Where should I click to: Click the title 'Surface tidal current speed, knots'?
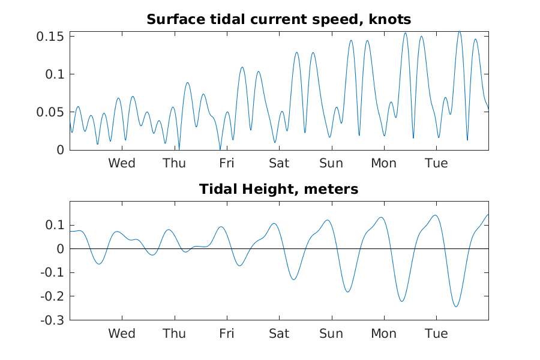click(x=278, y=20)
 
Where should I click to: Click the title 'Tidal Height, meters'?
click(x=278, y=189)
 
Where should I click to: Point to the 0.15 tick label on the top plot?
click(x=50, y=37)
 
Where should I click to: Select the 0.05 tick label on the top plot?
click(x=50, y=112)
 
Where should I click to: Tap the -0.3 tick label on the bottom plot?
click(x=52, y=320)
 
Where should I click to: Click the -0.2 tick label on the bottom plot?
click(x=52, y=296)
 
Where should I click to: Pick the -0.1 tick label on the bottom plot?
click(x=52, y=272)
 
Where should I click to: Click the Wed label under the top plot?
click(x=122, y=163)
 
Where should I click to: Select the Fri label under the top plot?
click(x=227, y=163)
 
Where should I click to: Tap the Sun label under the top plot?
click(x=331, y=163)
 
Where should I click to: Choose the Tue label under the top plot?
click(x=436, y=163)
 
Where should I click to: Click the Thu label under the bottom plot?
click(x=174, y=334)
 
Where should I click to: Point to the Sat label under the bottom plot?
click(x=279, y=334)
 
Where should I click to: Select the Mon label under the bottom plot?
click(x=383, y=334)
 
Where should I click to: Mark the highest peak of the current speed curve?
click(x=460, y=32)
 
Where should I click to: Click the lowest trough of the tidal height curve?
click(x=456, y=307)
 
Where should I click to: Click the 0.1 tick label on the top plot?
click(x=55, y=74)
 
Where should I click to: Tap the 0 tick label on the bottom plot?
click(x=61, y=249)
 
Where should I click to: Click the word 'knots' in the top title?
click(x=390, y=20)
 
